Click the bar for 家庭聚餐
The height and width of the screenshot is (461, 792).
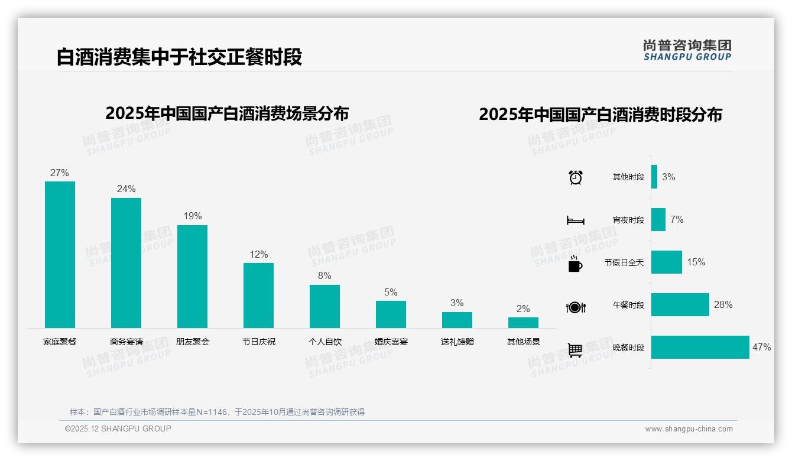tap(60, 254)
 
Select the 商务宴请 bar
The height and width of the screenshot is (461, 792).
tap(126, 262)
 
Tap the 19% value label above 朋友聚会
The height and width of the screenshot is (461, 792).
tap(192, 216)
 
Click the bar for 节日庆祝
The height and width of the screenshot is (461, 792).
tap(258, 295)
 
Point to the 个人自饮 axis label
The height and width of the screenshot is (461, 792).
tap(324, 342)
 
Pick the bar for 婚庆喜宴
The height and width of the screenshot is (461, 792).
tap(391, 314)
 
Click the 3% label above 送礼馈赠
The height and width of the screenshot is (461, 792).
tap(457, 303)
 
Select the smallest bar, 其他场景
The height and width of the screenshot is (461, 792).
tap(523, 323)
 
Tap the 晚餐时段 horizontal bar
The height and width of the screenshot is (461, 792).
tap(700, 348)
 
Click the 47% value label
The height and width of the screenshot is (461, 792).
tap(761, 348)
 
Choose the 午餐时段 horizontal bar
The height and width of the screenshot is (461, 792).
tap(680, 305)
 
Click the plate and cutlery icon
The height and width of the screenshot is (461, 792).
tap(575, 307)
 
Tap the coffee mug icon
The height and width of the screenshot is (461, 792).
tap(574, 264)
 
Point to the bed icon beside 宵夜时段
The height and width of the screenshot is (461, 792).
tap(575, 221)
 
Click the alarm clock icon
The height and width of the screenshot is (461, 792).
tap(575, 177)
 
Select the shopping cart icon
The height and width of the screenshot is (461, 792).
tap(575, 350)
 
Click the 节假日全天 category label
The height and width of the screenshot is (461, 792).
tap(624, 262)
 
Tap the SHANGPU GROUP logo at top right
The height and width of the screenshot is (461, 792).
tap(687, 50)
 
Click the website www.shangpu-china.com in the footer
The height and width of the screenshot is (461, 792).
tap(689, 429)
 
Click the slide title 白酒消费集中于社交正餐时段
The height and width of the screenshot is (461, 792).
tap(179, 57)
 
